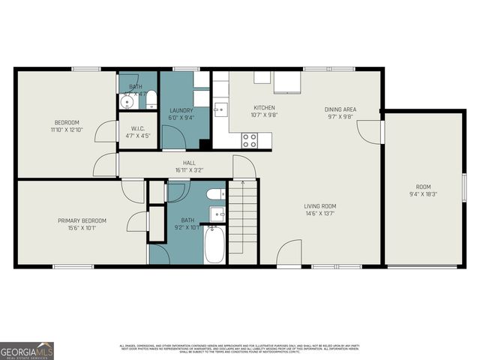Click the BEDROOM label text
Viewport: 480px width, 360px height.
pyautogui.click(x=66, y=122)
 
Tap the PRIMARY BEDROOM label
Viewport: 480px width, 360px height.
pyautogui.click(x=82, y=220)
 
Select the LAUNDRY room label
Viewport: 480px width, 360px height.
pyautogui.click(x=181, y=110)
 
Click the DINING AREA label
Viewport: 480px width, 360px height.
pyautogui.click(x=340, y=109)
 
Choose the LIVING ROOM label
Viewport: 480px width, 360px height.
pyautogui.click(x=319, y=206)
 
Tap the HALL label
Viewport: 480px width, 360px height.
pyautogui.click(x=189, y=163)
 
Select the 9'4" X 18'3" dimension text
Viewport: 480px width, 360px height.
pyautogui.click(x=424, y=193)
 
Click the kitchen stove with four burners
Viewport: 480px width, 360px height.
pyautogui.click(x=249, y=139)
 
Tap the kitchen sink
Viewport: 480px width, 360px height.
pyautogui.click(x=218, y=110)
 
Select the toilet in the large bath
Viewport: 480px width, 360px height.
pyautogui.click(x=214, y=195)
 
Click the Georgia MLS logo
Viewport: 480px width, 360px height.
pyautogui.click(x=27, y=350)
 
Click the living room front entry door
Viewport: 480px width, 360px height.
pyautogui.click(x=289, y=255)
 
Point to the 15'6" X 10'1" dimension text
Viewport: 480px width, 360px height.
pyautogui.click(x=82, y=228)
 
